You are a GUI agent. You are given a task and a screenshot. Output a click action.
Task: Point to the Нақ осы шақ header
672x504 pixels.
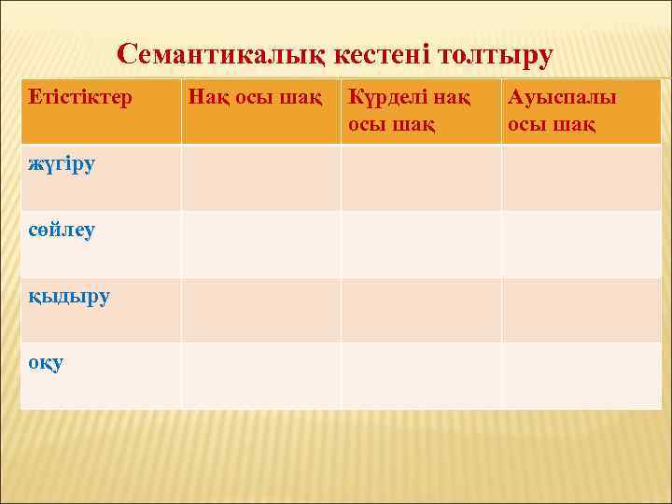click(x=255, y=96)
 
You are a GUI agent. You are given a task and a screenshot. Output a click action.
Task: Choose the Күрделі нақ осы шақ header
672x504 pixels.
click(x=409, y=110)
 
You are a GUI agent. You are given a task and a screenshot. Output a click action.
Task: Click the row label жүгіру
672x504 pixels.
click(x=62, y=164)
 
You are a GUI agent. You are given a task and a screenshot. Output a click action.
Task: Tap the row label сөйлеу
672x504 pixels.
click(x=62, y=230)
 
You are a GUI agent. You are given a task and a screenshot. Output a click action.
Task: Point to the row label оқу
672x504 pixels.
click(x=46, y=362)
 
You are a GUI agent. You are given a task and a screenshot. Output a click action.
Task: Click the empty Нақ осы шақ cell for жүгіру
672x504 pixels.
click(x=260, y=177)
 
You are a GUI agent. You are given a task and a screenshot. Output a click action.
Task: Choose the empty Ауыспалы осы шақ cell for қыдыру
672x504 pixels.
click(x=581, y=309)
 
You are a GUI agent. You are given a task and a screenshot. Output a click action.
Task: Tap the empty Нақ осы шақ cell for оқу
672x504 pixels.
click(x=260, y=375)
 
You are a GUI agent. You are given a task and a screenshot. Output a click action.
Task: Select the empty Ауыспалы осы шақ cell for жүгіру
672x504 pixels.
click(x=581, y=177)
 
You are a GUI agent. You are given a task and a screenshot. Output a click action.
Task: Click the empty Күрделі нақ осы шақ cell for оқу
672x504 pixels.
click(x=421, y=375)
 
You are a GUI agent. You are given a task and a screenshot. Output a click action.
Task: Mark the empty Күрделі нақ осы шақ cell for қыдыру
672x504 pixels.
click(x=421, y=309)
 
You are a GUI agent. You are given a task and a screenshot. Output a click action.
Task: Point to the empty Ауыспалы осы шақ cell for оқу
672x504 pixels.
click(x=581, y=375)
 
